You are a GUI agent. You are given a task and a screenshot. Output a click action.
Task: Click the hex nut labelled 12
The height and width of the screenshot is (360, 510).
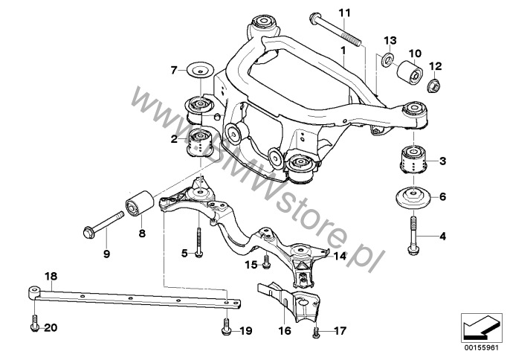(x=432, y=85)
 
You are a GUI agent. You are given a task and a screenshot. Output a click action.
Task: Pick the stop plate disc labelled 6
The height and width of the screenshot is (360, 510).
(x=413, y=197)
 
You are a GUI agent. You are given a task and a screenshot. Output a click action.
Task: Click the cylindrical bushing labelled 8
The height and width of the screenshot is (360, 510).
(x=140, y=203)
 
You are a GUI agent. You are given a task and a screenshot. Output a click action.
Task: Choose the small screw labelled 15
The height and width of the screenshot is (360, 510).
(x=266, y=262)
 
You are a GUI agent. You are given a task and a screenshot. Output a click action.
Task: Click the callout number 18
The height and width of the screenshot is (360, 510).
(x=51, y=277)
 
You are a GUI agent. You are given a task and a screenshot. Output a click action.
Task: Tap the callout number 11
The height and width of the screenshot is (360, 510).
(x=345, y=13)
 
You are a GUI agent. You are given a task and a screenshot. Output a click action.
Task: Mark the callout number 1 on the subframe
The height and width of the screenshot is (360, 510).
(x=343, y=51)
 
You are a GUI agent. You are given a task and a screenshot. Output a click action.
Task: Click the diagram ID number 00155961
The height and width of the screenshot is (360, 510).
(x=481, y=348)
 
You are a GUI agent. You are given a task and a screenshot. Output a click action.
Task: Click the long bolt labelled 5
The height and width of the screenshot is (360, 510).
(x=198, y=242)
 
